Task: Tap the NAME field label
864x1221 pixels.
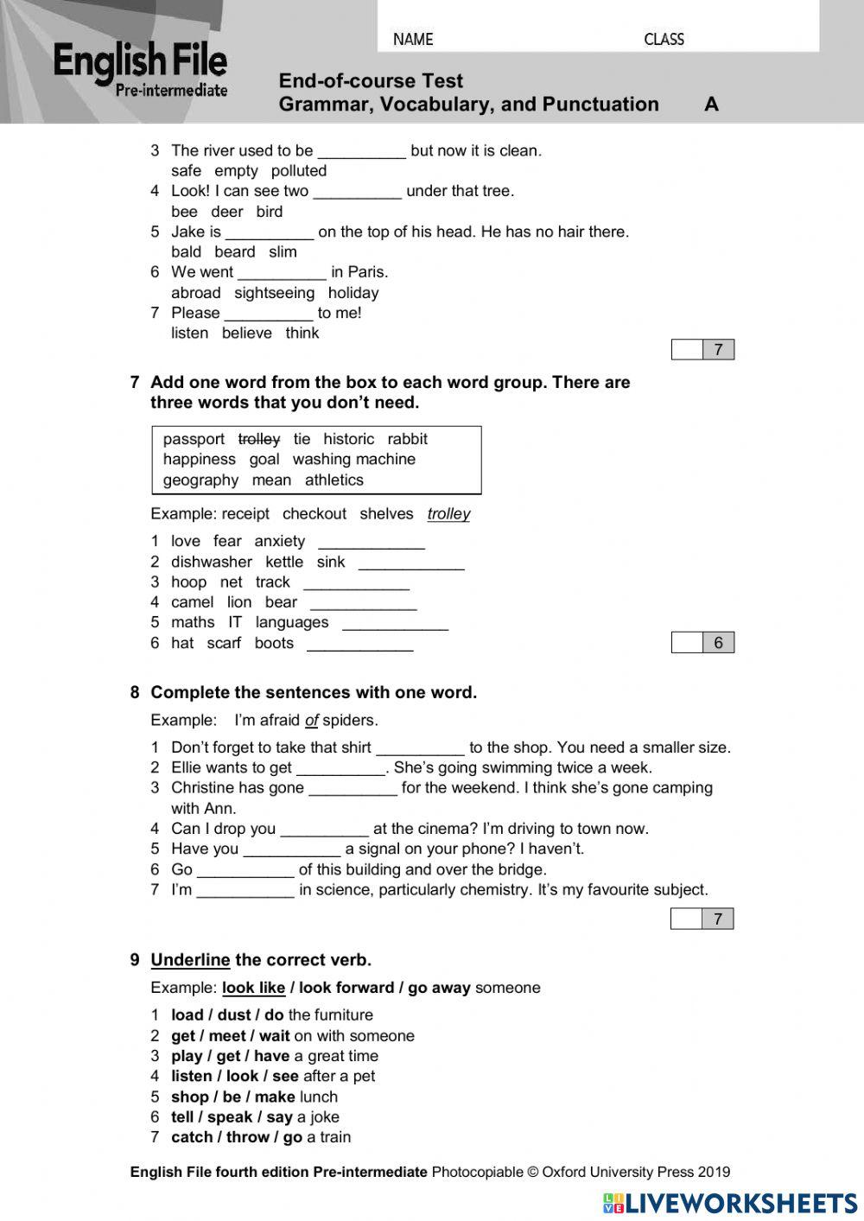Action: [413, 39]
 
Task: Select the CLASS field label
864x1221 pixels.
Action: [664, 39]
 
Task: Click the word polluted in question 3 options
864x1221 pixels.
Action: [299, 171]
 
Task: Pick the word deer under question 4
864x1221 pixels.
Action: [227, 212]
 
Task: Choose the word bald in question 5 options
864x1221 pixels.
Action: [186, 252]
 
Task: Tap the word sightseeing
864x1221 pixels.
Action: [274, 293]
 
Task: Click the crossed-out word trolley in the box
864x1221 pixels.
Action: [259, 439]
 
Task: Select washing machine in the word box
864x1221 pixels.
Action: [353, 460]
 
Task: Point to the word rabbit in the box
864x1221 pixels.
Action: [407, 439]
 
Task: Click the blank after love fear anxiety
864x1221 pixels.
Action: [372, 543]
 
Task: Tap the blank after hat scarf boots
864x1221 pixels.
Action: [359, 645]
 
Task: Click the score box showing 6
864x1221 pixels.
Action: [717, 642]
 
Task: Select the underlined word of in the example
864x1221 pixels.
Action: [312, 721]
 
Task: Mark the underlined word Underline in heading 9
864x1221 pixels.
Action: [190, 960]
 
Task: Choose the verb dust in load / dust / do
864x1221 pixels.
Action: [234, 1015]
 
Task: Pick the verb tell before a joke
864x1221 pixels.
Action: [182, 1117]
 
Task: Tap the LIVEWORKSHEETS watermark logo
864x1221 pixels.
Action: [730, 1203]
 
